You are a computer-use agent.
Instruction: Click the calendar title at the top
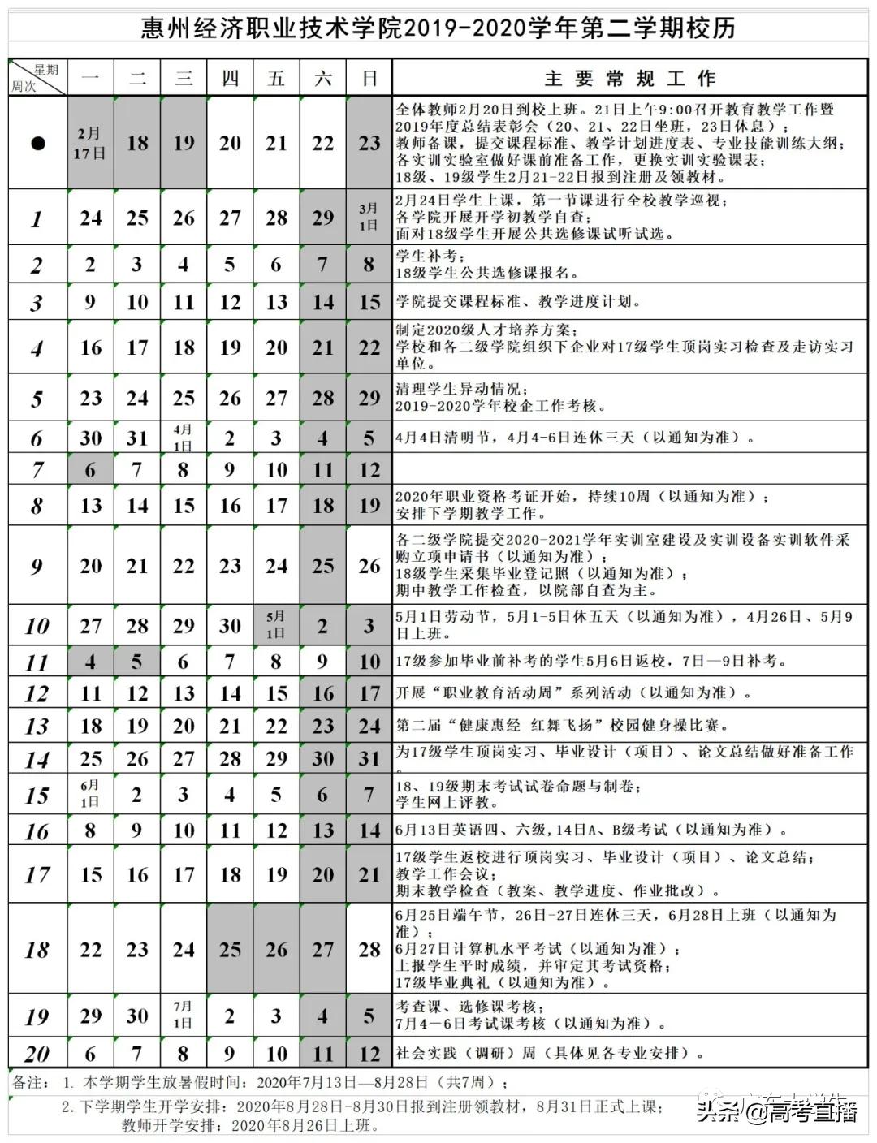438,28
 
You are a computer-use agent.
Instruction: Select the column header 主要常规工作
629,79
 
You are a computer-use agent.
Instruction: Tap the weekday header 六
323,79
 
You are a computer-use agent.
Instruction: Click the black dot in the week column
37,144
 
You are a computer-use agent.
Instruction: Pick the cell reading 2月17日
90,143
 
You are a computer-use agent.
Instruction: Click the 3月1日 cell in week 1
369,217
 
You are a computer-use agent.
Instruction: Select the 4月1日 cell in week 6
184,438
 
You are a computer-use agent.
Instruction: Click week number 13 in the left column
37,726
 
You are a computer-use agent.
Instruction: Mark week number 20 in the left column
37,1054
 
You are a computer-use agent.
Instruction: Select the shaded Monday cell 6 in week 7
90,469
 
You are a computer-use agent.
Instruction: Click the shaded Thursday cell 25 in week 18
230,948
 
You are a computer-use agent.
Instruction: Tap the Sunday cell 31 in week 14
369,758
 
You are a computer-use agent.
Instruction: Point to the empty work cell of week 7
629,469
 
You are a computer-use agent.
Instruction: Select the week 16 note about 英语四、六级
591,830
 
